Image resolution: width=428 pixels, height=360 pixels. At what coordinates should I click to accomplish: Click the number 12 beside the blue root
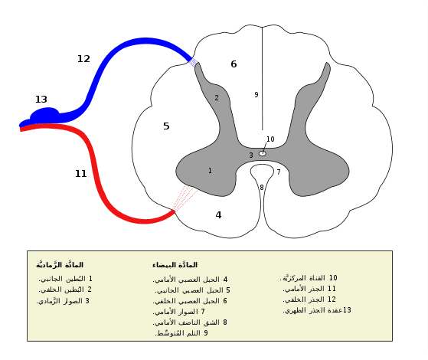tap(83, 59)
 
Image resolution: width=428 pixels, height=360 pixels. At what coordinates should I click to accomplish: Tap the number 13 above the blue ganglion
tap(41, 99)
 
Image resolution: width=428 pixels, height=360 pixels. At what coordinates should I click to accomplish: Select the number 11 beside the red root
tap(81, 173)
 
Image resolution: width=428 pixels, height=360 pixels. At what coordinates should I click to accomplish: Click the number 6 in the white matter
tap(234, 64)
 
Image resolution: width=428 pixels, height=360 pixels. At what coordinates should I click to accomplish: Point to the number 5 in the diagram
tap(166, 126)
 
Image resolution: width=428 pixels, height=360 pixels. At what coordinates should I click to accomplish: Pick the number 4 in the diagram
tap(218, 215)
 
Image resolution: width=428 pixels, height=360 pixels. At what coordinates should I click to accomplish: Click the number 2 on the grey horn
tap(217, 98)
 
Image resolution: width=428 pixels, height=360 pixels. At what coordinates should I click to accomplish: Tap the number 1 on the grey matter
tap(210, 171)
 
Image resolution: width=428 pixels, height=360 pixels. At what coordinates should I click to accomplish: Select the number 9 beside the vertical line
tap(256, 94)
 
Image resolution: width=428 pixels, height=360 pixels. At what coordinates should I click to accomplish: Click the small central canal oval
tap(263, 153)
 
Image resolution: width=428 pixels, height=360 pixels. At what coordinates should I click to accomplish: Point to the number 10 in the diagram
tap(270, 139)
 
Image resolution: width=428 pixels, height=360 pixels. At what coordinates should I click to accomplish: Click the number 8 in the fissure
tap(262, 188)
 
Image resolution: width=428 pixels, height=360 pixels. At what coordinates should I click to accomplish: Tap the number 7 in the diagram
tap(279, 172)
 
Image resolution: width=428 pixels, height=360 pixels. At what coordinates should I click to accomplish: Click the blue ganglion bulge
tap(44, 114)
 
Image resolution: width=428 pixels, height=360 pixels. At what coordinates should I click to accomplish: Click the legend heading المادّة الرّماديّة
tap(60, 264)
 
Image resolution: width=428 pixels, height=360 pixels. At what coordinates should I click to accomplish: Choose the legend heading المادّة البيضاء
tap(175, 265)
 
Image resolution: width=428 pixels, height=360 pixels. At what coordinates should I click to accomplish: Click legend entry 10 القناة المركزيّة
tap(309, 278)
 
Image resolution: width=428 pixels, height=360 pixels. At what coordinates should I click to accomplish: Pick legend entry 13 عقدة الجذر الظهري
tap(317, 310)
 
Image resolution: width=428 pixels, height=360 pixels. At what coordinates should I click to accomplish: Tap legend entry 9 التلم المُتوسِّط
tap(181, 333)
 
